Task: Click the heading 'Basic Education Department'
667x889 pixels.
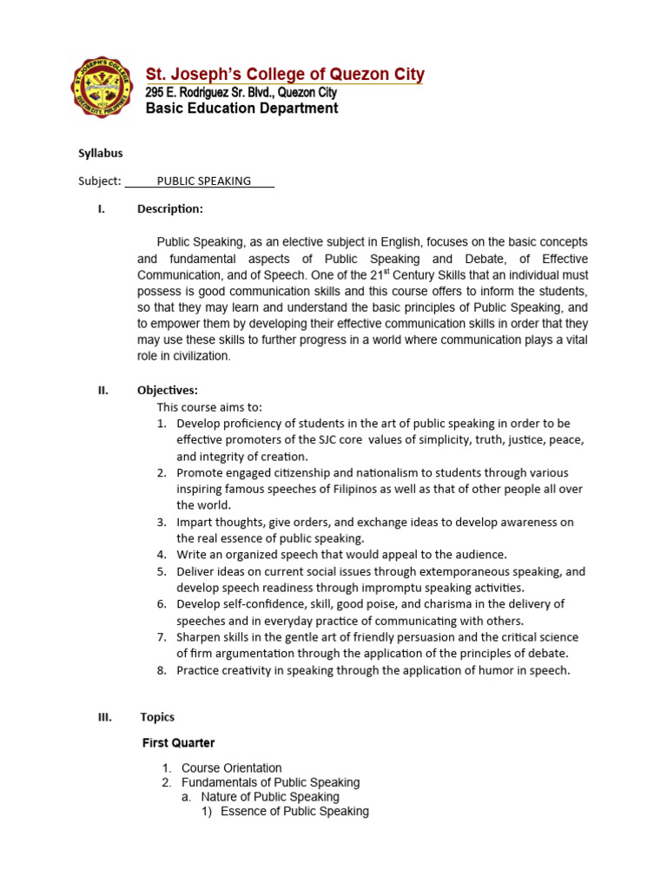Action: (x=241, y=109)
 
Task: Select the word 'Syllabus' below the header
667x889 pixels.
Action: (x=101, y=153)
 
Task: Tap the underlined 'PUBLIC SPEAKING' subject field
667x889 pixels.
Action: (x=203, y=181)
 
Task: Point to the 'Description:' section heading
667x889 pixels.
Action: (x=170, y=208)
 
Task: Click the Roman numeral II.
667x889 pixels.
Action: (x=102, y=391)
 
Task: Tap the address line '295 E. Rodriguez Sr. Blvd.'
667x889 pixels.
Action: (x=241, y=92)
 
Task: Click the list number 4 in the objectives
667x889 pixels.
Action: (x=162, y=554)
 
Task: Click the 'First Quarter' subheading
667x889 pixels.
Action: (x=179, y=743)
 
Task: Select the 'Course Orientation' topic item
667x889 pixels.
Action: (x=231, y=767)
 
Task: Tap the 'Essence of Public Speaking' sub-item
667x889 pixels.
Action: (x=294, y=811)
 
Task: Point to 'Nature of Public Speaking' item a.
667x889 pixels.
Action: (x=269, y=796)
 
